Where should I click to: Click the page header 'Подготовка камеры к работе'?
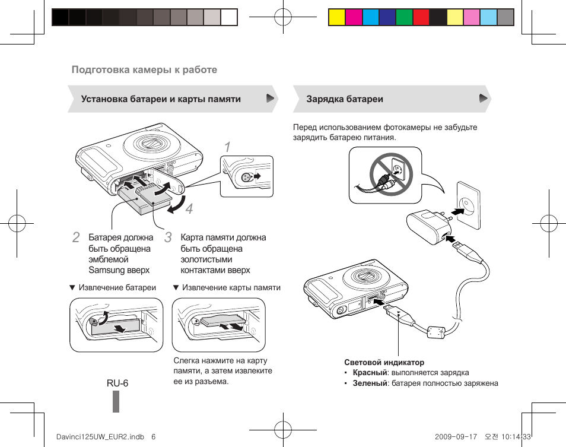(144, 69)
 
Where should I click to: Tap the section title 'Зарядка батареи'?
(345, 99)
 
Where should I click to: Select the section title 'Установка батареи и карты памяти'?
(161, 99)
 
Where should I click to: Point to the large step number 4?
(189, 210)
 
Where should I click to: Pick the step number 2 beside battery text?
(75, 238)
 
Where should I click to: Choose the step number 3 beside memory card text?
(168, 238)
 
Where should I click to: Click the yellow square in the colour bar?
(336, 17)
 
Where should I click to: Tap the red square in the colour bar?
(421, 17)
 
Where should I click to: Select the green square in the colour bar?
(404, 17)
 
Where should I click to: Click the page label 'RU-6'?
(117, 383)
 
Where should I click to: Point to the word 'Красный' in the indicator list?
(370, 373)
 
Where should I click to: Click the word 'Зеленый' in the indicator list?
(370, 383)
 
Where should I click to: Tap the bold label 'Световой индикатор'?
(384, 362)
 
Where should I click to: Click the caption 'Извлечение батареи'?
(117, 287)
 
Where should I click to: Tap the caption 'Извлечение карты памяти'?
(231, 287)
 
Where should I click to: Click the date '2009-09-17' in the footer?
(456, 436)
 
